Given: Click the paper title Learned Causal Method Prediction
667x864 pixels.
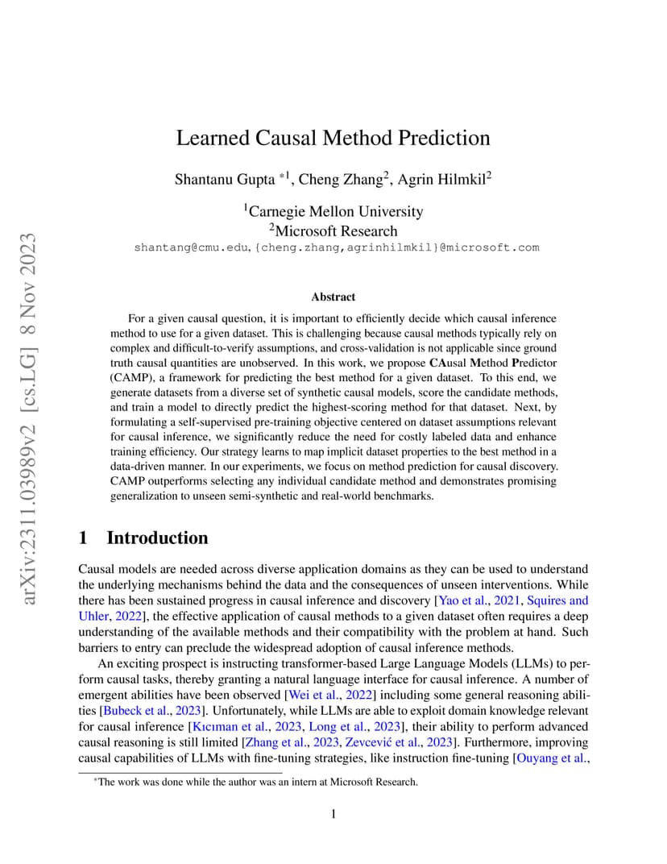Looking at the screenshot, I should pyautogui.click(x=333, y=138).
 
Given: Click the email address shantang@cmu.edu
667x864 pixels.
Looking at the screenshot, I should pyautogui.click(x=192, y=247).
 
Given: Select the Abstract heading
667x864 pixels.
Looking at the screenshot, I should pyautogui.click(x=333, y=297).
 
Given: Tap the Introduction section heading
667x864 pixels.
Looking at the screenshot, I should pyautogui.click(x=157, y=538).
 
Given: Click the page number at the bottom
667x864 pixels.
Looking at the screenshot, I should pyautogui.click(x=333, y=814).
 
